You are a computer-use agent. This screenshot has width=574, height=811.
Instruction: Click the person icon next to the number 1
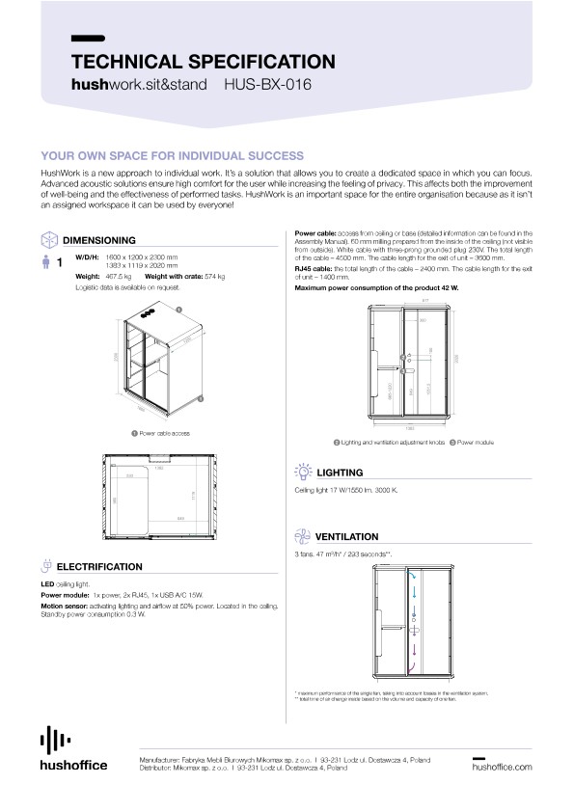[44, 261]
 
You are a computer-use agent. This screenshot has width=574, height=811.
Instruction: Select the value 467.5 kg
[118, 276]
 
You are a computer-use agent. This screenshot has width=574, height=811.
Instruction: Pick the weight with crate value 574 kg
[211, 276]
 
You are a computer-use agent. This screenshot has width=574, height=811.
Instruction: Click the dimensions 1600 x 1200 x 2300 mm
[141, 257]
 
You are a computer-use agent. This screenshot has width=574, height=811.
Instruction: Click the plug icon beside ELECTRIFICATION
[46, 566]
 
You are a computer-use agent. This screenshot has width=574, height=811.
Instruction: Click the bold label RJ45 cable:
[314, 269]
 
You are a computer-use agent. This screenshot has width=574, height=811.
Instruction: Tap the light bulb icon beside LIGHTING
[302, 473]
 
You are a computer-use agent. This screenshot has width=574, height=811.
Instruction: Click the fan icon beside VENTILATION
[302, 536]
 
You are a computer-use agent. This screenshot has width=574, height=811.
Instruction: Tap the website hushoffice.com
[502, 768]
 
